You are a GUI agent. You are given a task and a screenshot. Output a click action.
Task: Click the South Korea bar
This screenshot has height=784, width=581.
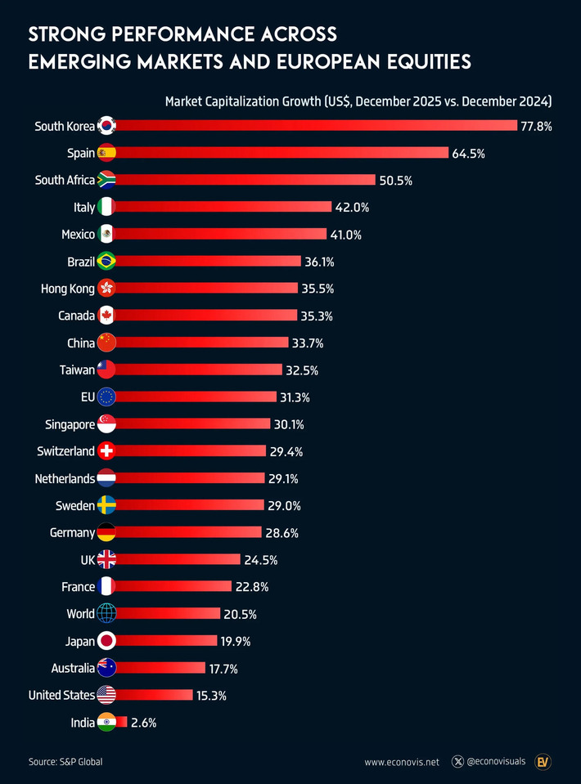[x=315, y=126]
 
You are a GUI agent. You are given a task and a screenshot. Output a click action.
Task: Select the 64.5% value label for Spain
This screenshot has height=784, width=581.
[x=468, y=154]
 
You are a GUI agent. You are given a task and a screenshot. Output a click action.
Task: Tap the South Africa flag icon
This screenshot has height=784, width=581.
[x=106, y=180]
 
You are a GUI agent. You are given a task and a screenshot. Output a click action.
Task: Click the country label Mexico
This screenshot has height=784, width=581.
[x=78, y=235]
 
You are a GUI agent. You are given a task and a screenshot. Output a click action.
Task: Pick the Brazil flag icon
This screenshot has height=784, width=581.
[x=106, y=262]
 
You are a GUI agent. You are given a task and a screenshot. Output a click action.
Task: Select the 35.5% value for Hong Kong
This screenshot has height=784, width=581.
[x=318, y=289]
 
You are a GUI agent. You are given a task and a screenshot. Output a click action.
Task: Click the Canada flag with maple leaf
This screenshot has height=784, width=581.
[x=106, y=316]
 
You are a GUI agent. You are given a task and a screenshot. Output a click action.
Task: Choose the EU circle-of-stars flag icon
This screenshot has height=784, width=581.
[x=106, y=396]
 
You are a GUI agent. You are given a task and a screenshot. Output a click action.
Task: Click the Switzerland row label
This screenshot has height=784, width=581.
[x=65, y=451]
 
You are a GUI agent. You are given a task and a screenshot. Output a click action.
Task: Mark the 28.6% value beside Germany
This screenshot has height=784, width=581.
[x=281, y=533]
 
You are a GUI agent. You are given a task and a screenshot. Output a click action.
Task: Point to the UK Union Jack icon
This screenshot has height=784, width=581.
[x=106, y=559]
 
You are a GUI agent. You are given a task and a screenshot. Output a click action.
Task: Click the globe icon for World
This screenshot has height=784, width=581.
[x=106, y=613]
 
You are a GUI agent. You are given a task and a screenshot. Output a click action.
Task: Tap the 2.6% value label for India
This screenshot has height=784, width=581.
[x=143, y=723]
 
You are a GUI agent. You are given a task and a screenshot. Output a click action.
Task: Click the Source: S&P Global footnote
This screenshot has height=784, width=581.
[x=65, y=762]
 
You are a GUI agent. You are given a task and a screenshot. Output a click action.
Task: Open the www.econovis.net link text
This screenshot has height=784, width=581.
[x=402, y=762]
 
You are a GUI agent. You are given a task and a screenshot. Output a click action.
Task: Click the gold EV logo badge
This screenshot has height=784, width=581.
[x=543, y=761]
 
